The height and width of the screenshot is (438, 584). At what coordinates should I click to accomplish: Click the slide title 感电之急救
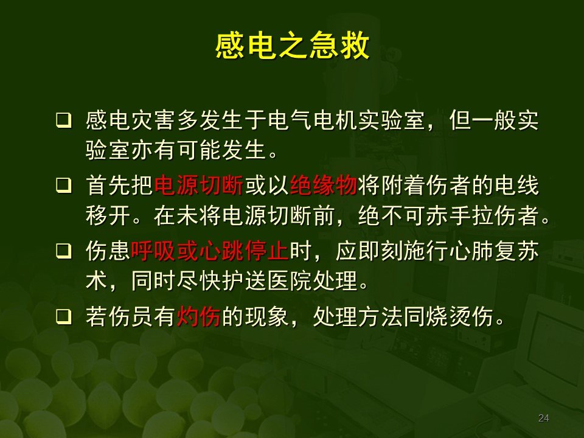pos(292,46)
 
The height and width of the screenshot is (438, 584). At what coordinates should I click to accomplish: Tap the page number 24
pos(544,418)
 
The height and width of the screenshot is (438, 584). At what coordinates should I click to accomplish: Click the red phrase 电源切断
pos(200,186)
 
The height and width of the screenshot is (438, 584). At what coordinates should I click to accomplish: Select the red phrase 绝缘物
pos(323,186)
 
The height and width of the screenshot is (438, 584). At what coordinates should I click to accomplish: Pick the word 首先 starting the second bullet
pos(109,186)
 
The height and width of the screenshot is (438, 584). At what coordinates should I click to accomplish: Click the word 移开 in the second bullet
pos(109,217)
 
